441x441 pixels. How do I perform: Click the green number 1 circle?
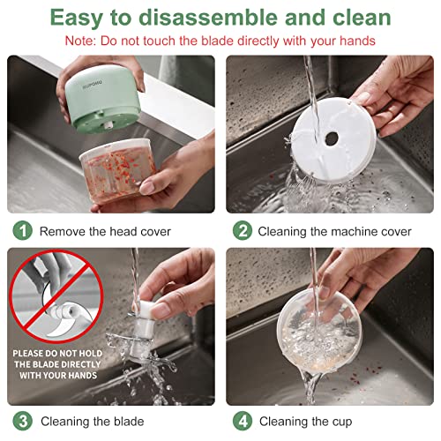pyautogui.click(x=22, y=230)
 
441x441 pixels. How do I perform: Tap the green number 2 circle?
pyautogui.click(x=243, y=230)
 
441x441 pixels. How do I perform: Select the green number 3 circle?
pyautogui.click(x=22, y=421)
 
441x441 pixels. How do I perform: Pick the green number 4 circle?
pyautogui.click(x=243, y=421)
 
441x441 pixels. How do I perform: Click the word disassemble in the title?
pyautogui.click(x=208, y=18)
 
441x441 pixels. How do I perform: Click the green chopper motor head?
pyautogui.click(x=102, y=99)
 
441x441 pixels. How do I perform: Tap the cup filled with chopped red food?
pyautogui.click(x=117, y=170)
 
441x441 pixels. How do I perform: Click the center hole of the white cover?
pyautogui.click(x=332, y=138)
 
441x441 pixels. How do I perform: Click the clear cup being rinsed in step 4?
pyautogui.click(x=319, y=333)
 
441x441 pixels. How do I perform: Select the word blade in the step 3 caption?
pyautogui.click(x=129, y=422)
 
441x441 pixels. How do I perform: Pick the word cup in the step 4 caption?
pyautogui.click(x=342, y=422)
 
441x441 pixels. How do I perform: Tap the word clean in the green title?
pyautogui.click(x=362, y=18)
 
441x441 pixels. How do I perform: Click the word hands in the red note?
pyautogui.click(x=357, y=41)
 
